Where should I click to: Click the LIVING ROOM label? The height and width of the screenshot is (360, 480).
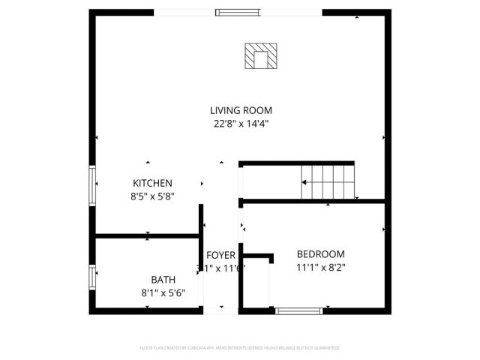(x=240, y=110)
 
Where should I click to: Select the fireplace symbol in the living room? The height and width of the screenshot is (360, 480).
(x=261, y=55)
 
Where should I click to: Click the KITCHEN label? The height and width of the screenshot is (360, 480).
(x=152, y=183)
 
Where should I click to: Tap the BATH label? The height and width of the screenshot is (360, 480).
(x=163, y=279)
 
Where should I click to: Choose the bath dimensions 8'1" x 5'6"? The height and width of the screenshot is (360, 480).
(x=163, y=292)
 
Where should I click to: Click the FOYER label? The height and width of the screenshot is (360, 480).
(x=221, y=255)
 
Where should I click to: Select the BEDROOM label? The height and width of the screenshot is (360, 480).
(x=320, y=253)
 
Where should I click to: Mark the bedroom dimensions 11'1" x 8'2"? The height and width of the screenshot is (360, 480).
(x=320, y=266)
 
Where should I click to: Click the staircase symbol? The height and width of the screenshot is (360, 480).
(x=327, y=181)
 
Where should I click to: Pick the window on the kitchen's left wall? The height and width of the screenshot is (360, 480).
(x=93, y=184)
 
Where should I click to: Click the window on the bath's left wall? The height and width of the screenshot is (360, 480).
(x=93, y=276)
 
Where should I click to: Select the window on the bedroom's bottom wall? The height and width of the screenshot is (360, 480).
(x=298, y=309)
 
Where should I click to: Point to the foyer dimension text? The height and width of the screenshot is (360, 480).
(x=221, y=267)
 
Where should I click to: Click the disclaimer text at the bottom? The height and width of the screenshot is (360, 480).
(x=240, y=348)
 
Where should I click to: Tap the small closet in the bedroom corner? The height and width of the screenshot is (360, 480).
(x=255, y=281)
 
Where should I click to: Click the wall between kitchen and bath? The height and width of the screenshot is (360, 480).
(x=147, y=237)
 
